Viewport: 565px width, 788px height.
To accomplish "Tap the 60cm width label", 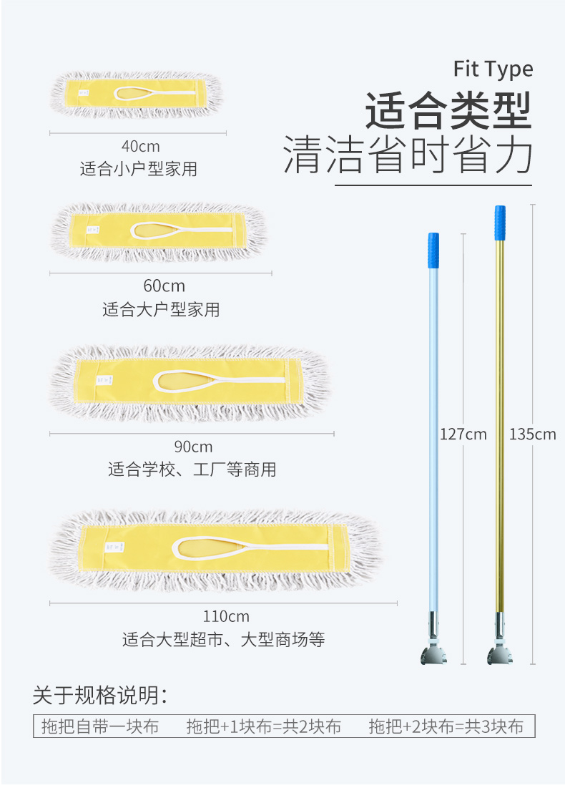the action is [164, 286].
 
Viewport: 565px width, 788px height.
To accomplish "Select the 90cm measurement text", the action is [192, 447].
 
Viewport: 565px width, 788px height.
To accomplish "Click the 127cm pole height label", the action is [463, 434].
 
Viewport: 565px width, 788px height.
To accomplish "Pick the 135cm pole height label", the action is [532, 434].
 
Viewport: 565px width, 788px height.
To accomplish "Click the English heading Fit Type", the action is [493, 69].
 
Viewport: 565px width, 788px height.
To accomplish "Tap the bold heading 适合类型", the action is [449, 111].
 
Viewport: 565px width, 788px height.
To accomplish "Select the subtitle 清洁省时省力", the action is [408, 155].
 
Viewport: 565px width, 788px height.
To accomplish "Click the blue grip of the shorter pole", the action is [433, 250].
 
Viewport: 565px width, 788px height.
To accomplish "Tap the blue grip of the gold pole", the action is [499, 223].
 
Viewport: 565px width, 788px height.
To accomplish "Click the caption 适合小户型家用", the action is [138, 170].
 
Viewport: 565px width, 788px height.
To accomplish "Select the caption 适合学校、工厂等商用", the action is [192, 470].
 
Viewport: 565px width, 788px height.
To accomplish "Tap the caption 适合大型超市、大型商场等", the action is [223, 639].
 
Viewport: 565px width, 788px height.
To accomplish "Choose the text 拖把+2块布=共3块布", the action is [446, 727].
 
